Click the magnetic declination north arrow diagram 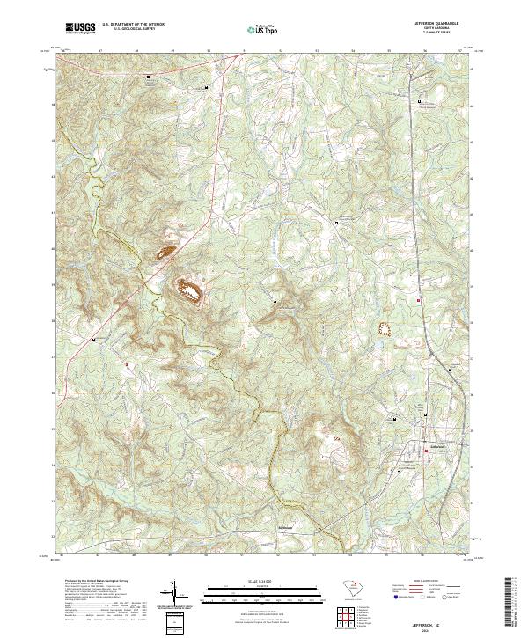click(x=174, y=595)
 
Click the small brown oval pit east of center click(x=383, y=330)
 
